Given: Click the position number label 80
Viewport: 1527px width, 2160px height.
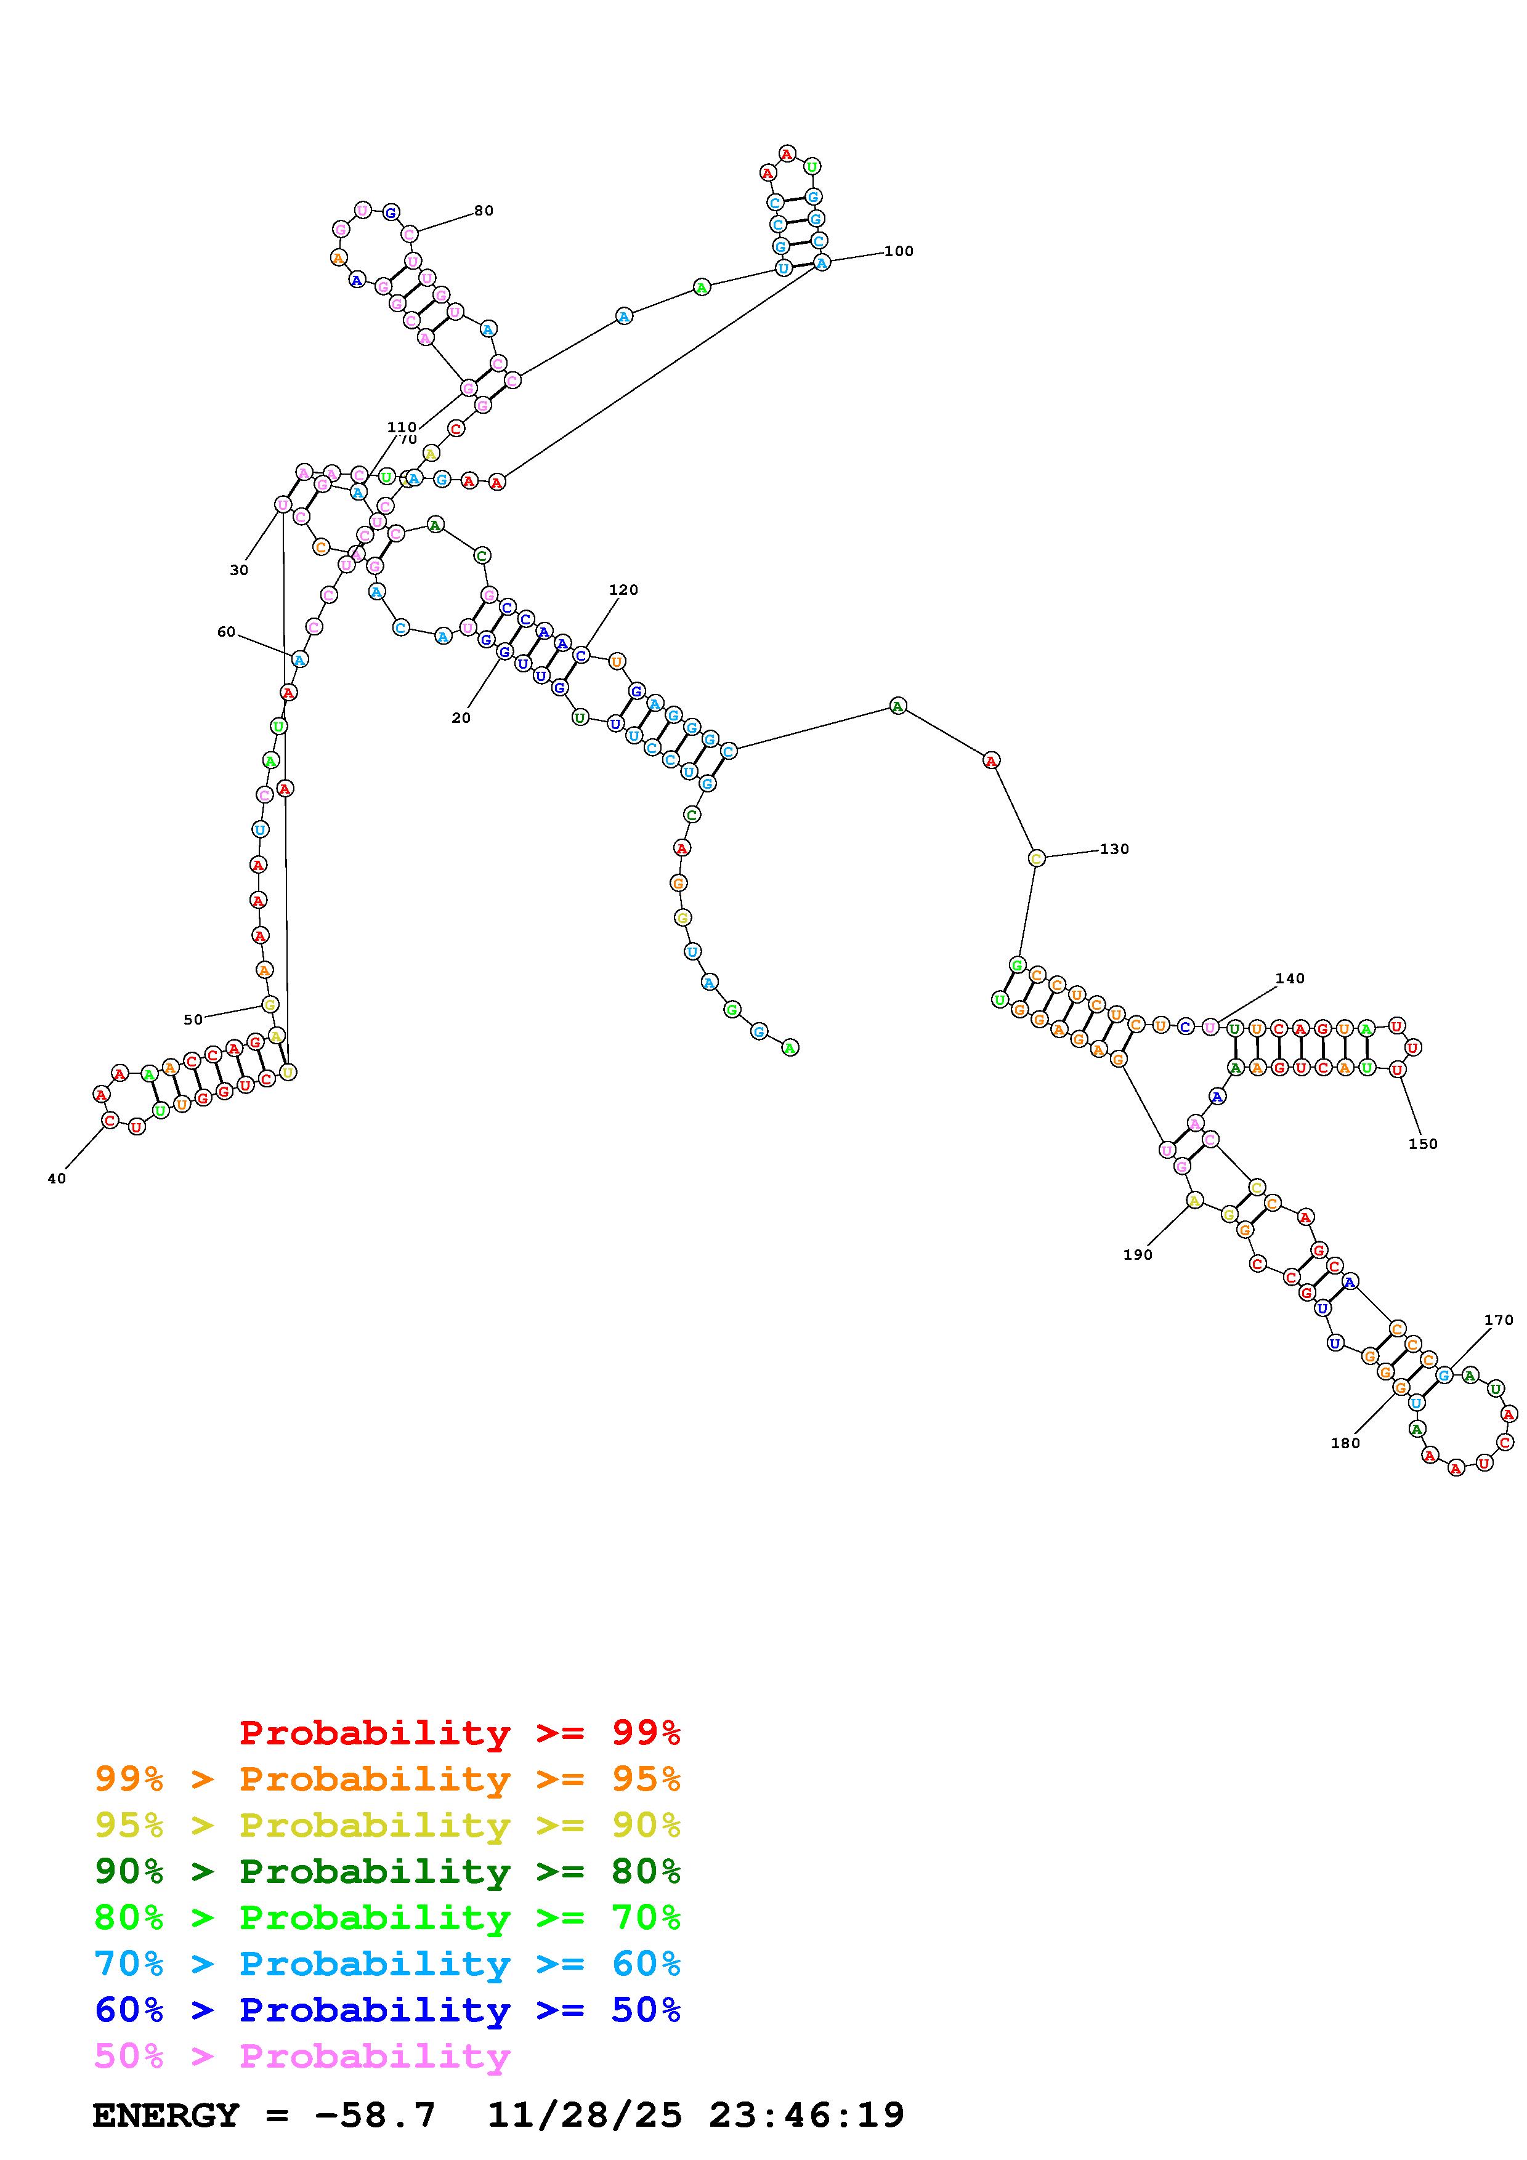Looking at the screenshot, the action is point(484,211).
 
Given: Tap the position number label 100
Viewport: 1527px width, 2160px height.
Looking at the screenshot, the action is point(899,251).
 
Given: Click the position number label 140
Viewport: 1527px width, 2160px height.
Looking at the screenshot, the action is point(1290,978).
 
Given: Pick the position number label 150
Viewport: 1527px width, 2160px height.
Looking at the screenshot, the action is point(1422,1144).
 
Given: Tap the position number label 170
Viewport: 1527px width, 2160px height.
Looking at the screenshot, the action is point(1499,1320).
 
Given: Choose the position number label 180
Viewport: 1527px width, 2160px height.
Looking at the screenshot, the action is point(1345,1443).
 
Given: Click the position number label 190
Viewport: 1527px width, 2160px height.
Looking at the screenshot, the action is point(1138,1254).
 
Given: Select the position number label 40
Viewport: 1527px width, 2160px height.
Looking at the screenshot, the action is point(57,1179).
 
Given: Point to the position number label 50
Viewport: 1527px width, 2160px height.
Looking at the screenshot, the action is point(193,1020).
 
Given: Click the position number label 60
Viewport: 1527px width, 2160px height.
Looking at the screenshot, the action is point(226,632).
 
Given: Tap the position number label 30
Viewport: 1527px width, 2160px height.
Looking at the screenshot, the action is point(239,570).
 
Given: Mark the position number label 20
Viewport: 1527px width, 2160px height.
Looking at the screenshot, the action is point(461,718).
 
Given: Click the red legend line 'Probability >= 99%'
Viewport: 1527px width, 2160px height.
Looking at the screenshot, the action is point(460,1733).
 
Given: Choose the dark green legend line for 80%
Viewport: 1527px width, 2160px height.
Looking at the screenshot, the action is point(387,1871).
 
